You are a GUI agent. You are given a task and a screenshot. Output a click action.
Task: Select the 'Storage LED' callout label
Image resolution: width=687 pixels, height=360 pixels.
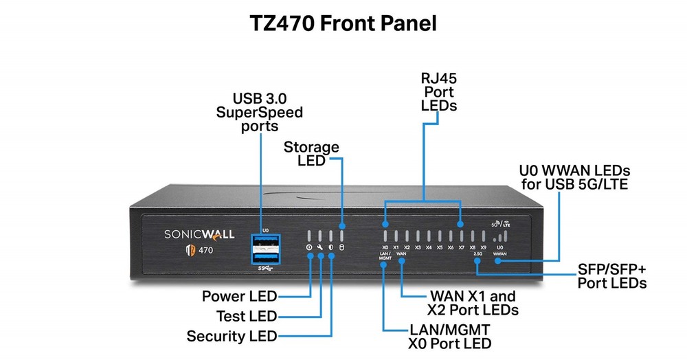(x=311, y=153)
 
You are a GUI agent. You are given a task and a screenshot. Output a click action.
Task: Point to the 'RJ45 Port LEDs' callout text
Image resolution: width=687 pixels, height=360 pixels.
(x=438, y=91)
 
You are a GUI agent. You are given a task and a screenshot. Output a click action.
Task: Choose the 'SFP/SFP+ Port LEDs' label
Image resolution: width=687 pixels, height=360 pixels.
(x=612, y=275)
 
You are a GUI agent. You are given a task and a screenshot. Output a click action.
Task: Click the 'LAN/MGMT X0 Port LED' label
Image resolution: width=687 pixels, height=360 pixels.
(x=449, y=336)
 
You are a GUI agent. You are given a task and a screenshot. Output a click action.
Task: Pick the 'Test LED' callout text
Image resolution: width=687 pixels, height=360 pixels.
(x=245, y=316)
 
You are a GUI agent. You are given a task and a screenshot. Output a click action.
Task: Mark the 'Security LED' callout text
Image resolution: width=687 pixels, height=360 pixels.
(x=232, y=337)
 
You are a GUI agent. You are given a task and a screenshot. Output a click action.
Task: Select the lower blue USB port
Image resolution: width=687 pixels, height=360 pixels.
(x=266, y=257)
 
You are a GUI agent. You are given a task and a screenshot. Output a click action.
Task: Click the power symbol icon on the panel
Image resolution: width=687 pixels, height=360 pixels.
(x=309, y=247)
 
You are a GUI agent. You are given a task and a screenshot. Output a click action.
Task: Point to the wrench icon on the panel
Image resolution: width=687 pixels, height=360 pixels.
(x=320, y=247)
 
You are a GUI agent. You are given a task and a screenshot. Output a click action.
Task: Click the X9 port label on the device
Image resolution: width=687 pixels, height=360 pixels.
(x=483, y=247)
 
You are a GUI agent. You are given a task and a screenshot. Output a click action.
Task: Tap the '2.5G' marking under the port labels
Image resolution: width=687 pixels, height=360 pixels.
(x=477, y=254)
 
